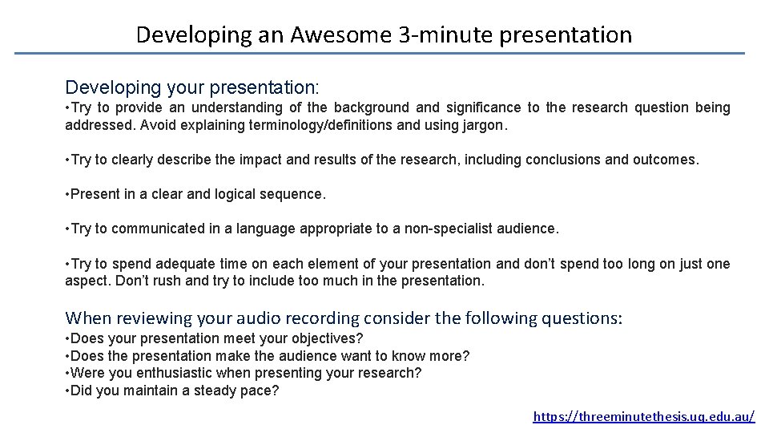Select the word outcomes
(x=665, y=160)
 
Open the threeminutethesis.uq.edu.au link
(x=644, y=416)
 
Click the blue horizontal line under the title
(x=384, y=54)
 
